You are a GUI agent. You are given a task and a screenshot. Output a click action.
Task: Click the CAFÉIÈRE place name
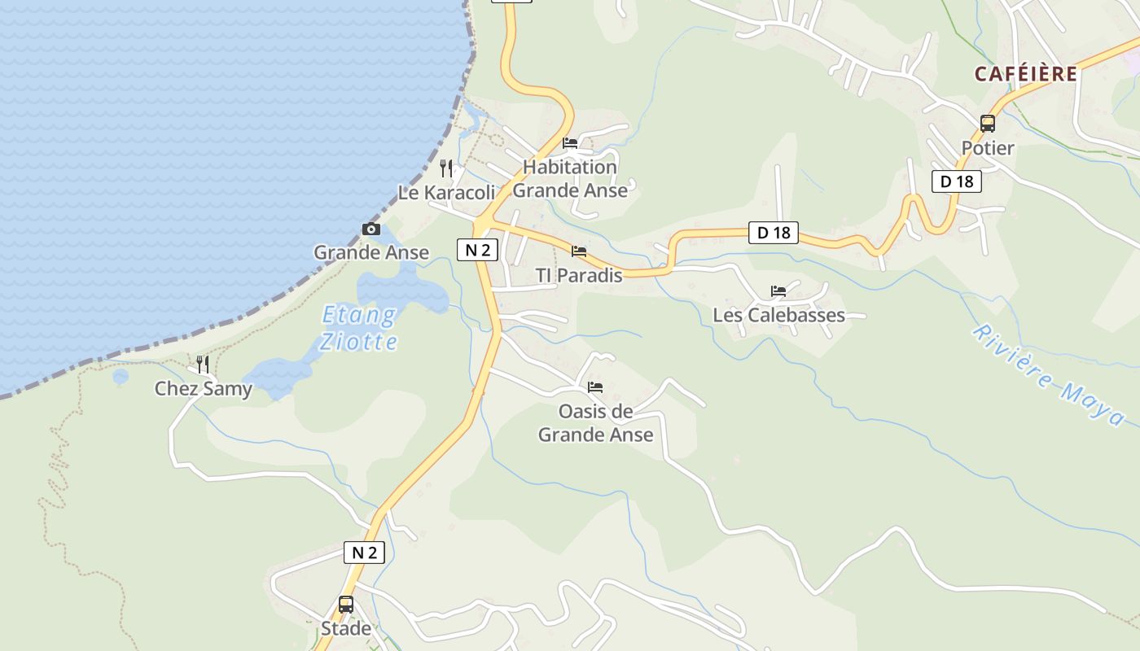pos(1025,74)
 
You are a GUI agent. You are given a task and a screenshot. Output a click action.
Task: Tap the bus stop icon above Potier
pos(988,124)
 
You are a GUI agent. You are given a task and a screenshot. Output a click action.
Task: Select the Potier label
pos(988,148)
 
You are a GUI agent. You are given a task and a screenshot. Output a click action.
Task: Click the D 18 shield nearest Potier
pos(957,181)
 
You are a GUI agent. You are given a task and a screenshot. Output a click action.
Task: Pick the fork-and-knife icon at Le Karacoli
pos(446,168)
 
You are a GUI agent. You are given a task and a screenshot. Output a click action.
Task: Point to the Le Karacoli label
pos(446,193)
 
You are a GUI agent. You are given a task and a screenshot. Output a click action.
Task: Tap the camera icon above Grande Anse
pos(371,229)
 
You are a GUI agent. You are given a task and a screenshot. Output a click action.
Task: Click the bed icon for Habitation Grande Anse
pos(570,143)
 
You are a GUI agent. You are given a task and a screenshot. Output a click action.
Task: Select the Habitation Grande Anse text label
pos(570,179)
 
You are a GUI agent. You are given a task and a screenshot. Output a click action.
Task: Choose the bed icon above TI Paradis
pos(579,251)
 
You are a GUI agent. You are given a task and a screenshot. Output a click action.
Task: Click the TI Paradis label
pos(579,276)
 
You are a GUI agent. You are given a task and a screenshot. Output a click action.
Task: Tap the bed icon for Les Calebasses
pos(778,291)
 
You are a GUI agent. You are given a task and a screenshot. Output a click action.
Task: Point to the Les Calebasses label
pos(778,316)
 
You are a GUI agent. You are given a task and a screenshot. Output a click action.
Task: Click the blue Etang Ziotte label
pos(359,328)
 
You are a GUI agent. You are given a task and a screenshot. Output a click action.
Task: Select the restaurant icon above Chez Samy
pos(203,364)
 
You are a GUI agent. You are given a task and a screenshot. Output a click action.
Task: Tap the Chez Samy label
pos(204,389)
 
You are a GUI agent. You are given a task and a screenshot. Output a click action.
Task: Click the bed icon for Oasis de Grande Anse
pos(595,387)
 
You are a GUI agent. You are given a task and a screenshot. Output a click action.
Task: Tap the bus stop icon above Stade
pos(346,605)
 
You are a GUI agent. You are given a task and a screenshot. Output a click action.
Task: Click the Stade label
pos(346,629)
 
